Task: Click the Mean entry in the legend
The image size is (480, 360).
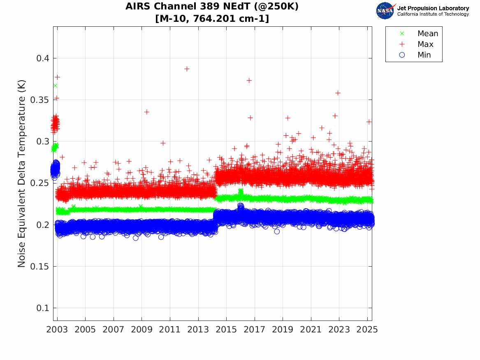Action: pyautogui.click(x=427, y=33)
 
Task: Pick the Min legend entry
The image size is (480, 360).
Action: pyautogui.click(x=424, y=55)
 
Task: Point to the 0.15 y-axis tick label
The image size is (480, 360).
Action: pyautogui.click(x=38, y=266)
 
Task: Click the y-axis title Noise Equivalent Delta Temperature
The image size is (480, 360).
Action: pyautogui.click(x=22, y=174)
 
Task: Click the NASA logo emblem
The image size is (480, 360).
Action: pyautogui.click(x=385, y=11)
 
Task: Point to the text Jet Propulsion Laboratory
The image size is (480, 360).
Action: pyautogui.click(x=433, y=8)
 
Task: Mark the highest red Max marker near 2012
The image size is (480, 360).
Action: pyautogui.click(x=187, y=69)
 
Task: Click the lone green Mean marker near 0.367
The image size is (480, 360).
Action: pyautogui.click(x=55, y=86)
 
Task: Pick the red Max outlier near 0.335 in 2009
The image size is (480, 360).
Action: pyautogui.click(x=146, y=112)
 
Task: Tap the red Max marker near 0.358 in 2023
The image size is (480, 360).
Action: pyautogui.click(x=338, y=93)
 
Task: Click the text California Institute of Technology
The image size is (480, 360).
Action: pyautogui.click(x=433, y=14)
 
